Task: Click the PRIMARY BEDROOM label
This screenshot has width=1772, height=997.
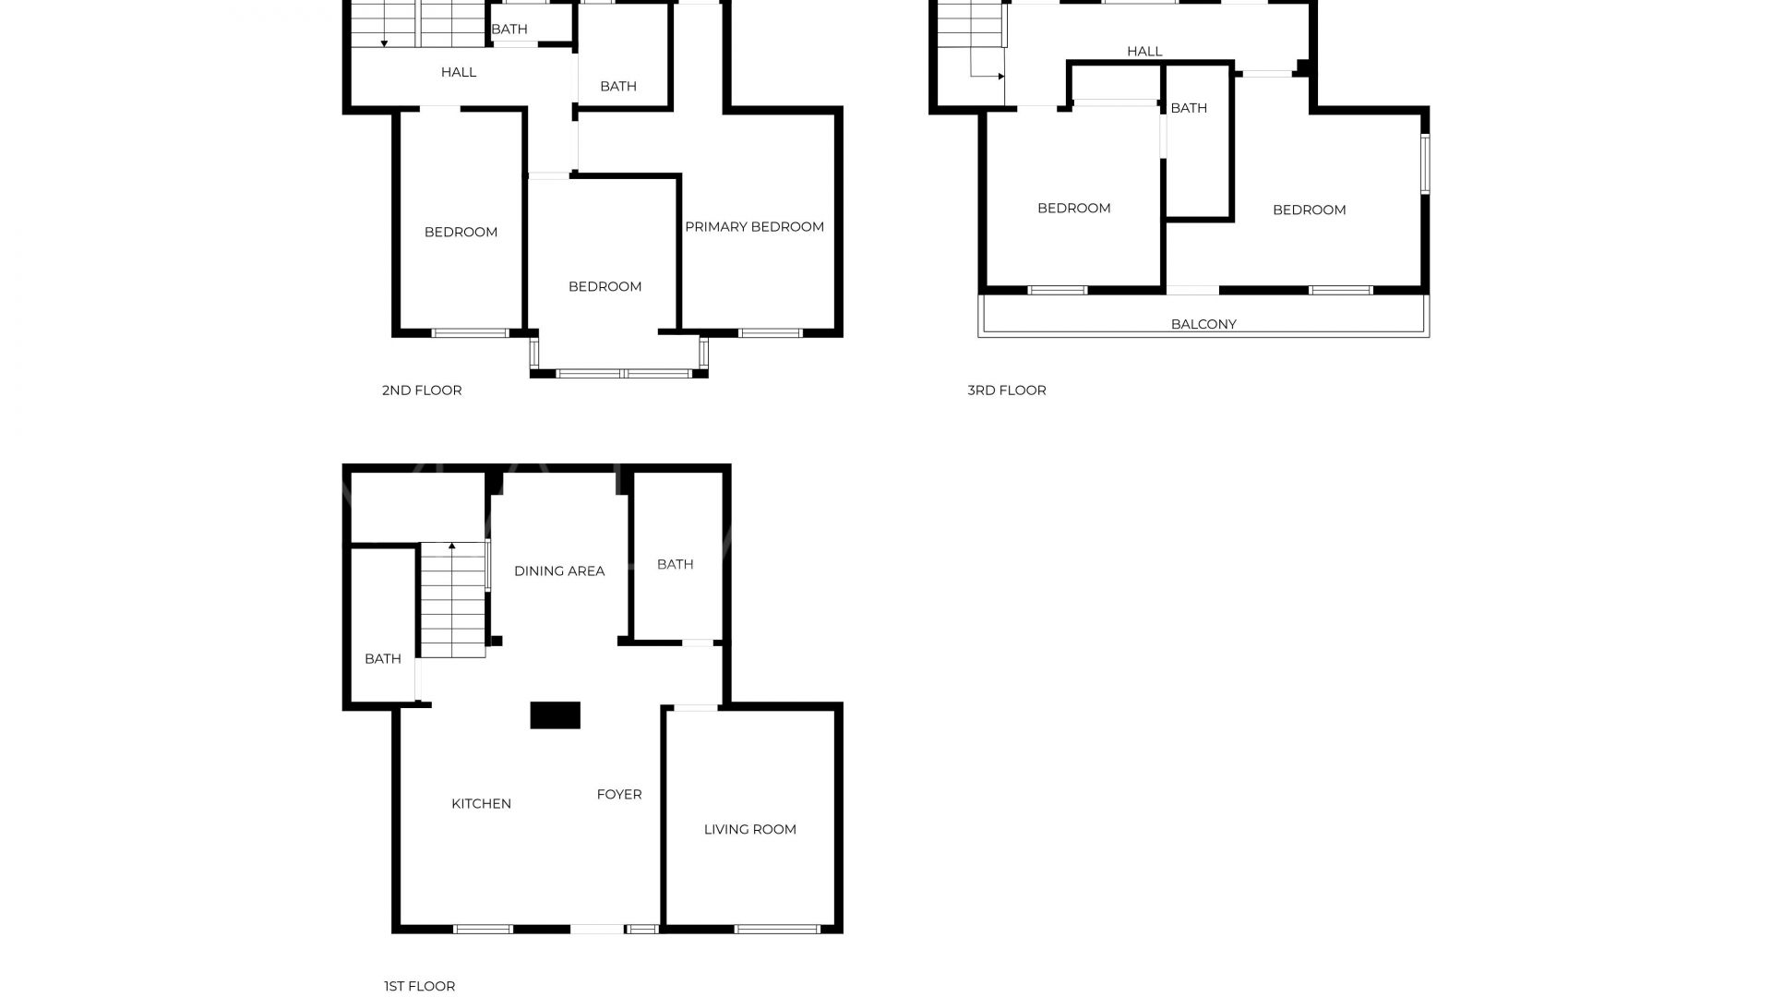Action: tap(754, 227)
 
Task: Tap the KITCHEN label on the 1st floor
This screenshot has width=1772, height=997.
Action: tap(481, 804)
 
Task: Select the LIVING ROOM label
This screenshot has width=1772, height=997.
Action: tap(749, 830)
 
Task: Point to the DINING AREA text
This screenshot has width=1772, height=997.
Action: tap(559, 571)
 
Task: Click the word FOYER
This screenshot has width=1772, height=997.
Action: tap(619, 795)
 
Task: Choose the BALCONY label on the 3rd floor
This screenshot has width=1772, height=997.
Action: tap(1203, 325)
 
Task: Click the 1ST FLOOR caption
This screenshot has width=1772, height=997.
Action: tap(419, 987)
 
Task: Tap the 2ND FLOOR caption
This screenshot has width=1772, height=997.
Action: tap(422, 390)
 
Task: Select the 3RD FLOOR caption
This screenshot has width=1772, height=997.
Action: tap(1007, 390)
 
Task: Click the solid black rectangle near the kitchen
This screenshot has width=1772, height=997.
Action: tap(555, 715)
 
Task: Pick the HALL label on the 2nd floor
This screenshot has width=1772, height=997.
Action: tap(459, 72)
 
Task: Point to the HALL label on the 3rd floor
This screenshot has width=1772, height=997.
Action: tap(1144, 52)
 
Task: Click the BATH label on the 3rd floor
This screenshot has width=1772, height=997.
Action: tap(1189, 108)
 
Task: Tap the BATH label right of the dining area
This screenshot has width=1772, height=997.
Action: tap(675, 565)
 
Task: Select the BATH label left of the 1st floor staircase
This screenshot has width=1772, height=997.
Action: tap(383, 659)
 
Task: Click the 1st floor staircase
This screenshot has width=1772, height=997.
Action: tap(452, 600)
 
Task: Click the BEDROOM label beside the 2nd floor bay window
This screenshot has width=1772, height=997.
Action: tap(605, 287)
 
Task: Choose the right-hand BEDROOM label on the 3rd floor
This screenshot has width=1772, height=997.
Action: tap(1309, 210)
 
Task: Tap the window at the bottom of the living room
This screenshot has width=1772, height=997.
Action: tap(776, 929)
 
